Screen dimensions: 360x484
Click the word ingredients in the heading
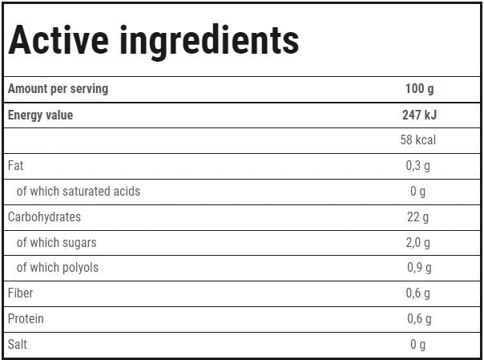(209, 40)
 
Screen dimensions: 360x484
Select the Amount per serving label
(58, 89)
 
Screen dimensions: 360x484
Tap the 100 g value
(419, 89)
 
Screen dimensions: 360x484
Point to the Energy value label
(40, 115)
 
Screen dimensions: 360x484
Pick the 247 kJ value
(419, 115)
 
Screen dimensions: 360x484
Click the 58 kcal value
(418, 140)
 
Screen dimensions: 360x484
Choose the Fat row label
(15, 166)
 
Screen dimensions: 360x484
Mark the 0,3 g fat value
(418, 166)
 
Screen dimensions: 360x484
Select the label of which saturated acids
(79, 192)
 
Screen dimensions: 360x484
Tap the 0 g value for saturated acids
(418, 192)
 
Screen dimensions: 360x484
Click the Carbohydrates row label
(44, 217)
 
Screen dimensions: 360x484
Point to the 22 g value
(418, 217)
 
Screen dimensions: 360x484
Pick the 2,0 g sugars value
(418, 243)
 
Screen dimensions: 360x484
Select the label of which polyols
(58, 268)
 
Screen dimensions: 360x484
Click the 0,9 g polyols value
(418, 268)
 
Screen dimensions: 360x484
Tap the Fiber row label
(20, 293)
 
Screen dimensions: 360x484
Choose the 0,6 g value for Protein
(418, 319)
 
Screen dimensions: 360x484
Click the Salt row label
(18, 345)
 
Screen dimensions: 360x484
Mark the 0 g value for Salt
(418, 345)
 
